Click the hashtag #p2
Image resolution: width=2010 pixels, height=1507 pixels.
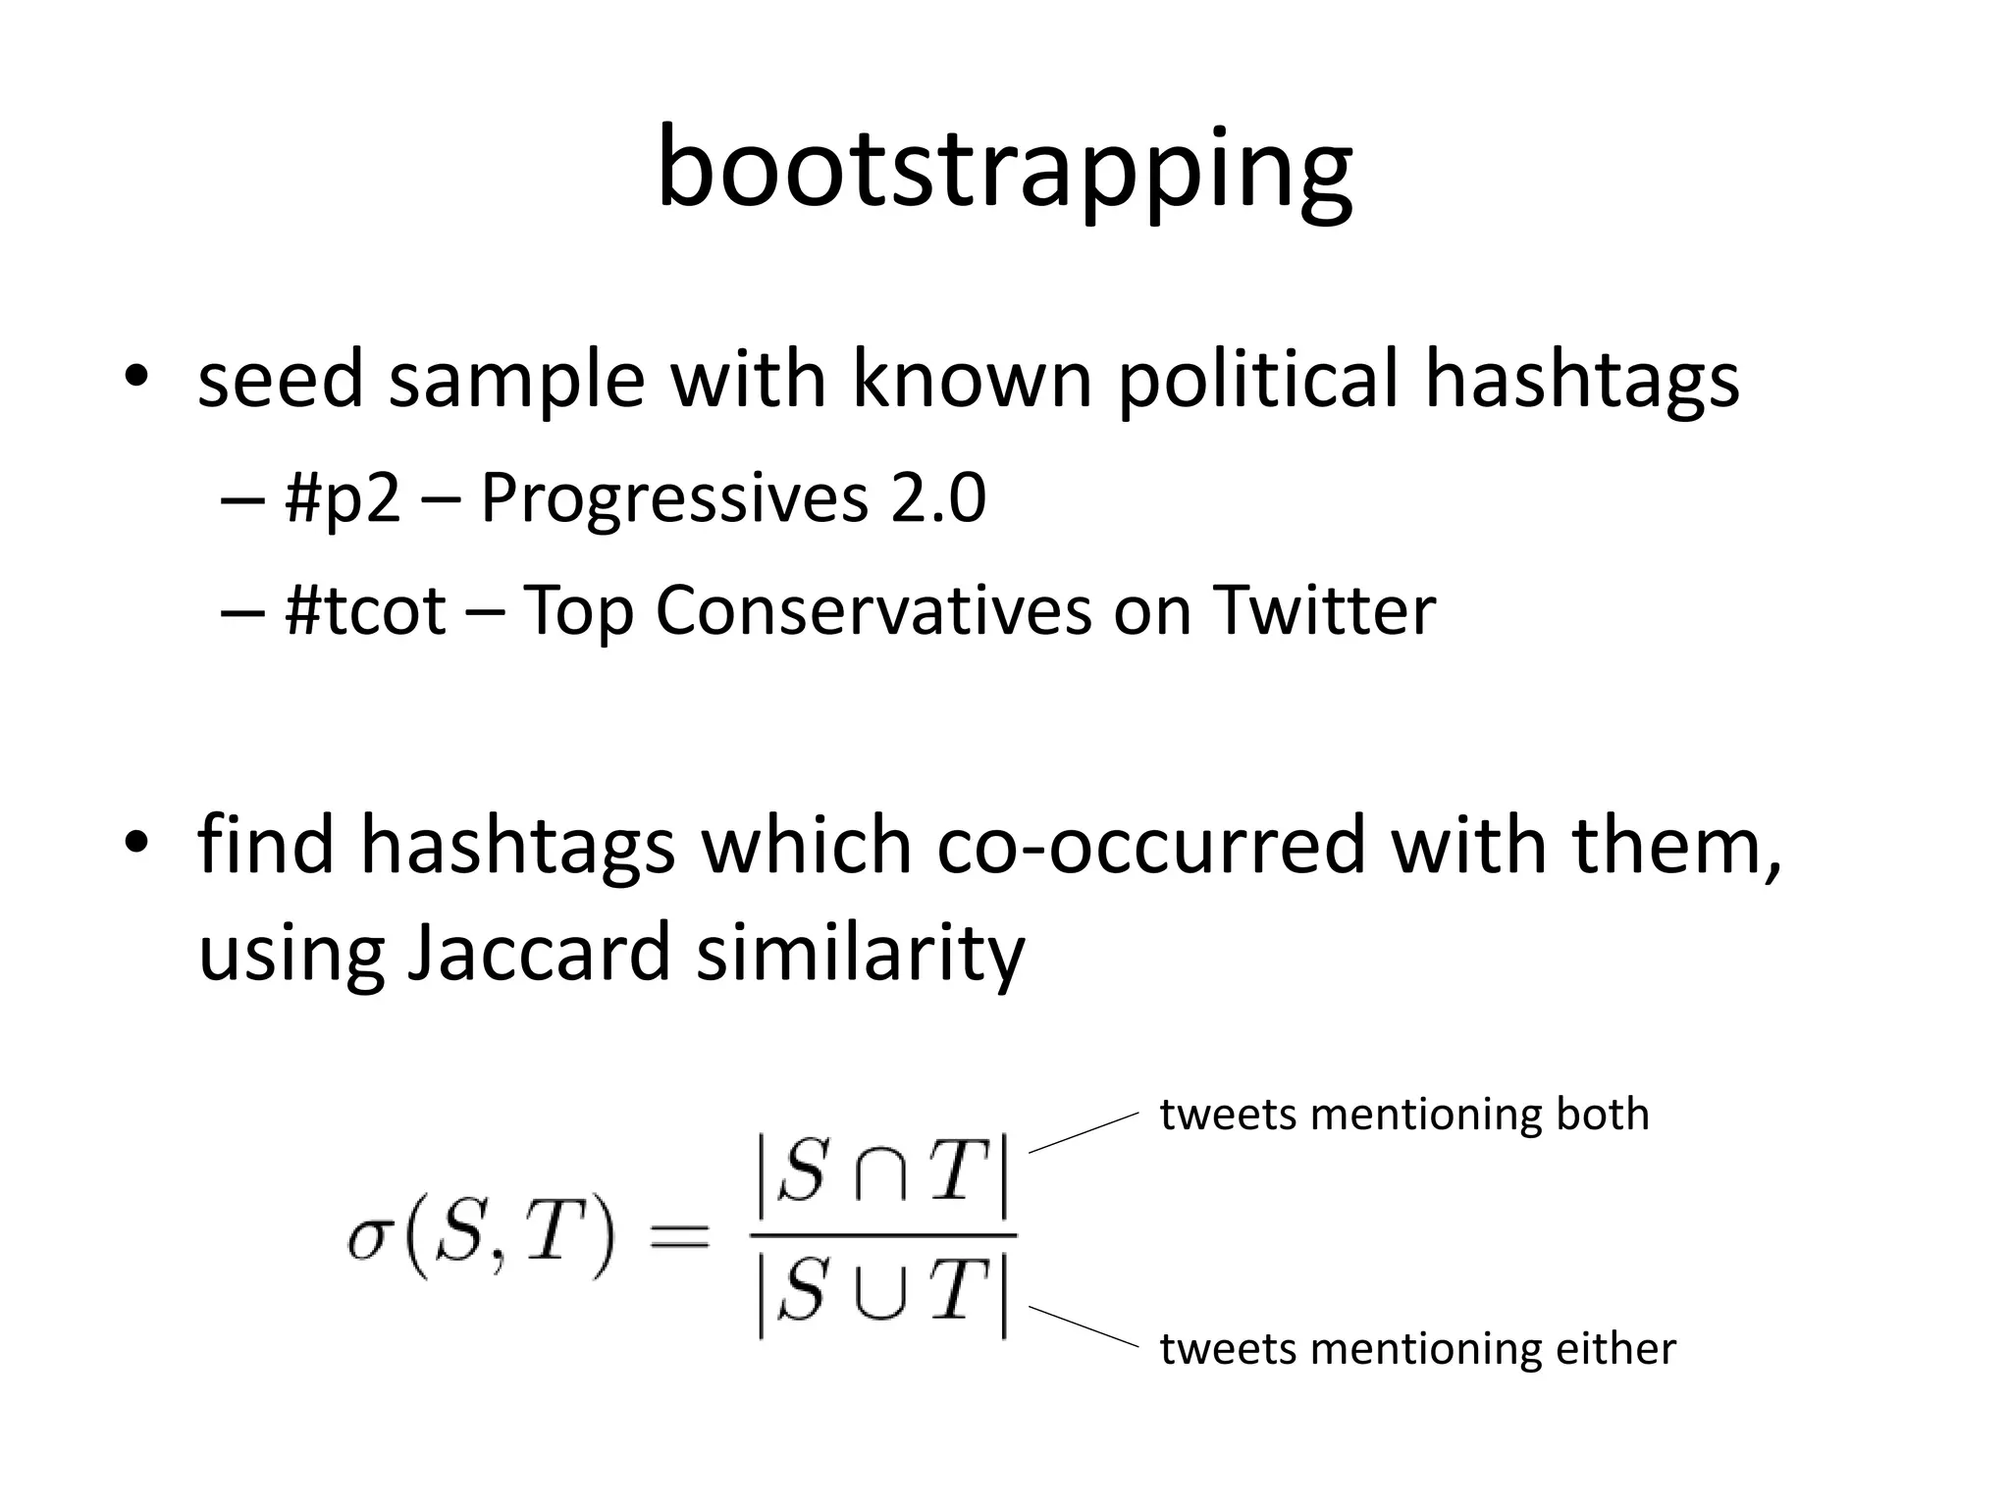click(x=343, y=498)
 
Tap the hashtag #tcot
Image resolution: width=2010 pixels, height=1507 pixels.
click(x=365, y=610)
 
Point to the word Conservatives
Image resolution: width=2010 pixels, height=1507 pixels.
click(x=873, y=610)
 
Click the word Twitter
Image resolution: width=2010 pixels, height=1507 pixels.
click(x=1324, y=610)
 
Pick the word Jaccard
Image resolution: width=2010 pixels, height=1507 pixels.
click(x=537, y=952)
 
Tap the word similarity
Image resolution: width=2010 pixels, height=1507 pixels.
click(x=860, y=952)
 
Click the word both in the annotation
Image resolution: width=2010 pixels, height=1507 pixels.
click(x=1603, y=1115)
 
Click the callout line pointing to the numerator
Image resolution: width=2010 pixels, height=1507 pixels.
click(x=1083, y=1133)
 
